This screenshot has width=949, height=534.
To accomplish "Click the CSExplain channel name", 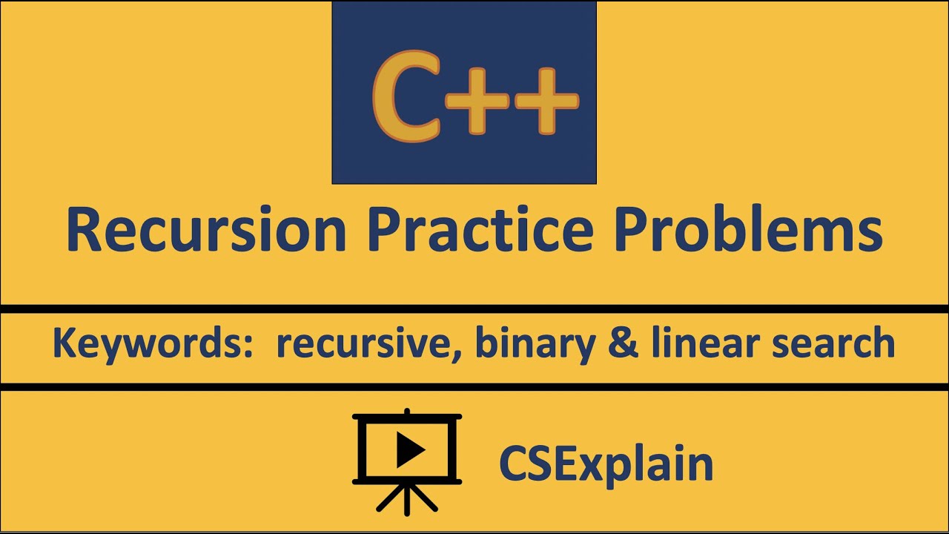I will (606, 464).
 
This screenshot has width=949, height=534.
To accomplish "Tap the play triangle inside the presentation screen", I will (409, 449).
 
